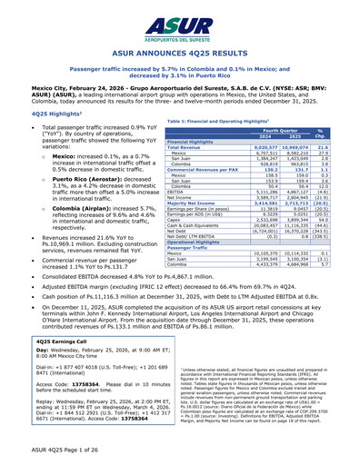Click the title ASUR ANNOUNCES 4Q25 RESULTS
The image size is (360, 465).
(x=180, y=54)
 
